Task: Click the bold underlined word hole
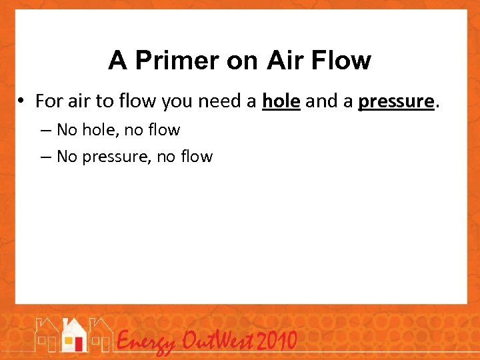click(x=281, y=101)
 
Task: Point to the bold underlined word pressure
click(x=396, y=101)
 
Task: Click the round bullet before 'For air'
click(x=22, y=101)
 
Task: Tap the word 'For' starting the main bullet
click(x=49, y=101)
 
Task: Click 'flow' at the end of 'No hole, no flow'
click(x=165, y=129)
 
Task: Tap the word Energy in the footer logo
click(x=145, y=342)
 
